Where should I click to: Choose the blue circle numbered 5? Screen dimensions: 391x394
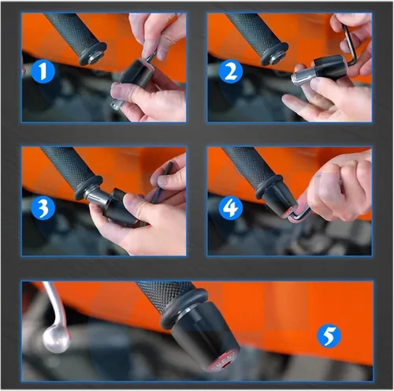[x=329, y=336]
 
